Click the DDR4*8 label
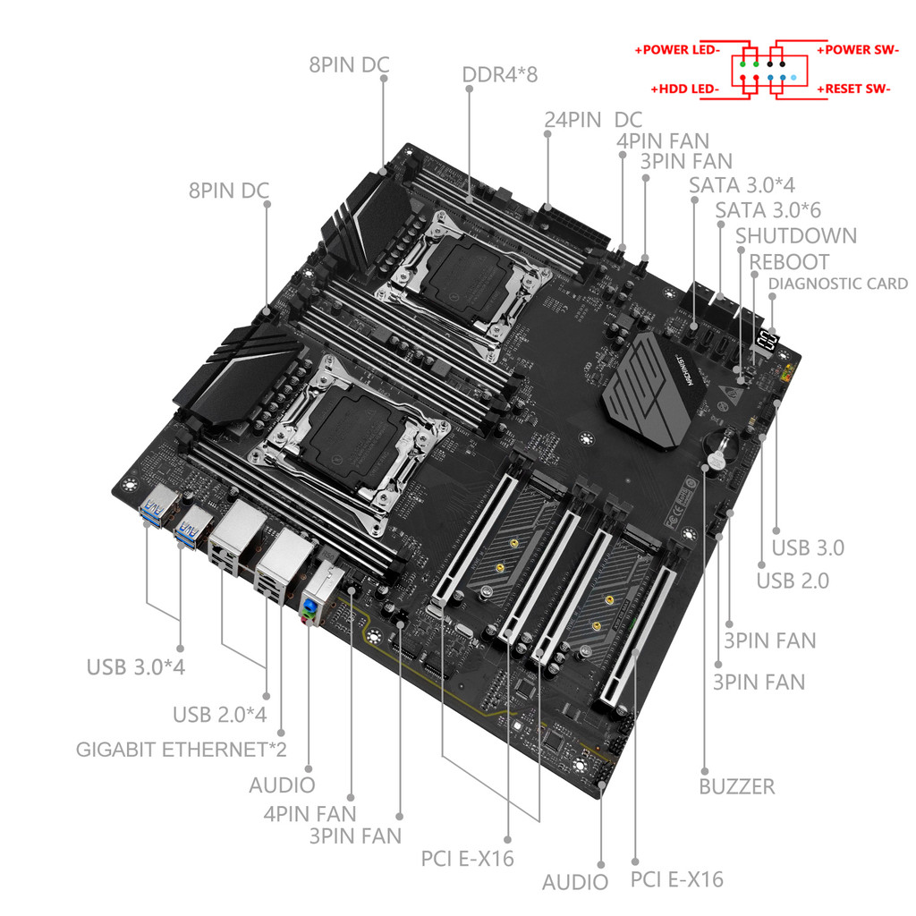[x=499, y=74]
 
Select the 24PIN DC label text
[x=592, y=120]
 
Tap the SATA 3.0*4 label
[x=742, y=185]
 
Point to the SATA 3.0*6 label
[x=768, y=210]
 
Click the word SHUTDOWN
[x=795, y=236]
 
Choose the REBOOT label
[x=789, y=262]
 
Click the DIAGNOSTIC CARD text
[x=837, y=284]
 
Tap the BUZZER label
[x=736, y=787]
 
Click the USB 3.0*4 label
[x=136, y=667]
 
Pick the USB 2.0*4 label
[x=219, y=716]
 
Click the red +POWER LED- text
[x=677, y=50]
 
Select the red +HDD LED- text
[x=685, y=89]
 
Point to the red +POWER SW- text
[x=858, y=50]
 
